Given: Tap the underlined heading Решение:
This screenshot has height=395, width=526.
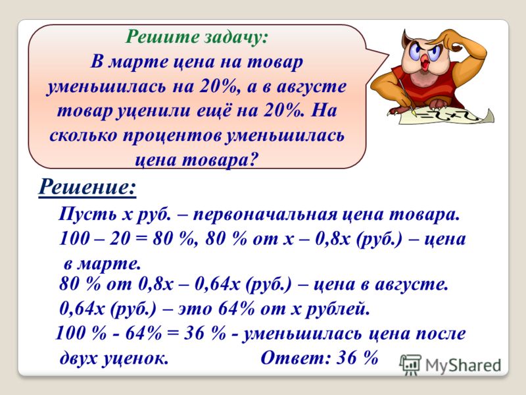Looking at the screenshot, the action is point(87,188).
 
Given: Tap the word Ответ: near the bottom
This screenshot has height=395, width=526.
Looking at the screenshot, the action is point(295,357).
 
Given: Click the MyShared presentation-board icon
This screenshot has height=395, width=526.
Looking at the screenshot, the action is point(410,365).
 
